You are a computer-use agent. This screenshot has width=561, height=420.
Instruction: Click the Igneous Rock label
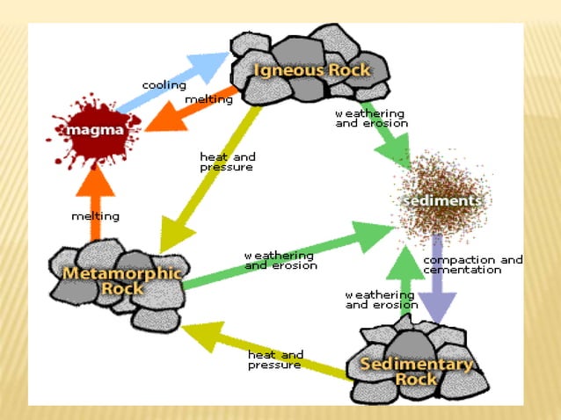click(x=311, y=69)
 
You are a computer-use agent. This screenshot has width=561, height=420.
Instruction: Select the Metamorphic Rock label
click(x=122, y=280)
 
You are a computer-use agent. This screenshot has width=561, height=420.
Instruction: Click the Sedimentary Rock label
click(x=417, y=371)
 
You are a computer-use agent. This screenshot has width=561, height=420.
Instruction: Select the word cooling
click(x=164, y=85)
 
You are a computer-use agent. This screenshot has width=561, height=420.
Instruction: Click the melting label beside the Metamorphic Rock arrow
click(x=95, y=215)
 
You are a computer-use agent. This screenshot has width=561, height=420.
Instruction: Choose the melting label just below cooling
click(x=208, y=99)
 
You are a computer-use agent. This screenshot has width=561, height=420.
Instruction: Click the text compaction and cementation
click(x=473, y=264)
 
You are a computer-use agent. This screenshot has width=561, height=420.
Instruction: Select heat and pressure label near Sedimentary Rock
click(x=275, y=358)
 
